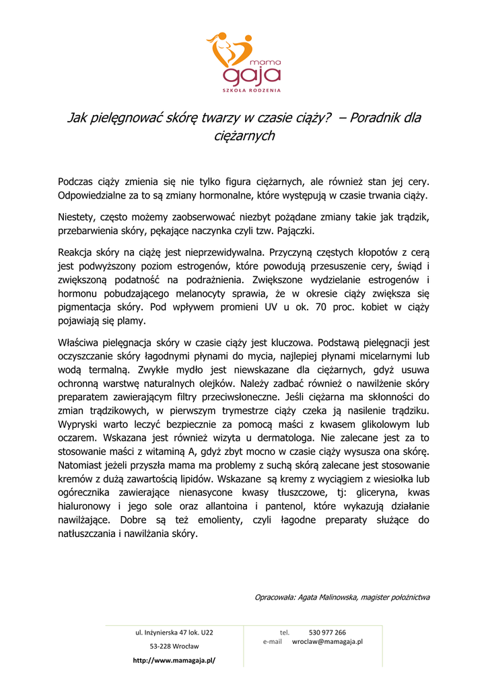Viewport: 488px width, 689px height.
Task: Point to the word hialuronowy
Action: [85, 506]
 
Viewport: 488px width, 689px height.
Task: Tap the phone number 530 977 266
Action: [327, 632]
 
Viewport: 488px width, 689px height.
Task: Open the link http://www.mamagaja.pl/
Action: [174, 660]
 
